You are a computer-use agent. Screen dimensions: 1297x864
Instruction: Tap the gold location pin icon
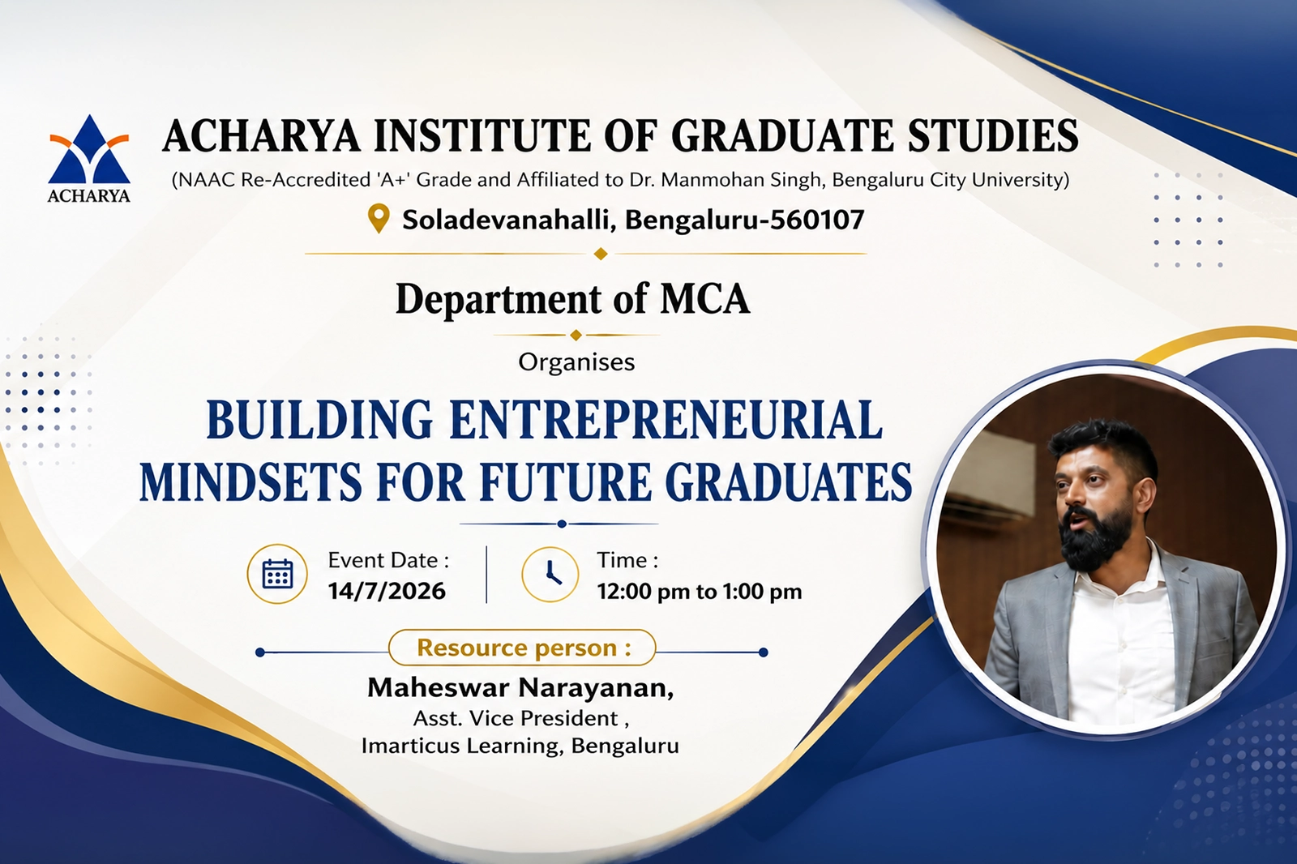tap(378, 219)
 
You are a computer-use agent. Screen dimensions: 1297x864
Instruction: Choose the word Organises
tap(576, 362)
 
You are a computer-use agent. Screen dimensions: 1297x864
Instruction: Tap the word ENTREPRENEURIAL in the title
tap(666, 419)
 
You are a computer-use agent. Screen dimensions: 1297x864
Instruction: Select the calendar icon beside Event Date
tap(277, 574)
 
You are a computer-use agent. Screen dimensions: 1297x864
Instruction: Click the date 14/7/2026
tap(387, 591)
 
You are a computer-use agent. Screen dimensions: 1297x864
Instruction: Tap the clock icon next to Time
tap(550, 574)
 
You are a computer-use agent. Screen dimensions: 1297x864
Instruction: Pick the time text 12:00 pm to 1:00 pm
tap(700, 592)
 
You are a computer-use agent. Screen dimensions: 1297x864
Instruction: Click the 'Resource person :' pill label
tap(522, 648)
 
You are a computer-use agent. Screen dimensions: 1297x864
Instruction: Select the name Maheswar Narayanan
tap(519, 688)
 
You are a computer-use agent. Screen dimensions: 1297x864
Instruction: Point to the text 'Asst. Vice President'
tap(516, 719)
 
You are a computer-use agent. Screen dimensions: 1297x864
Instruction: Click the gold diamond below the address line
tap(601, 254)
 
